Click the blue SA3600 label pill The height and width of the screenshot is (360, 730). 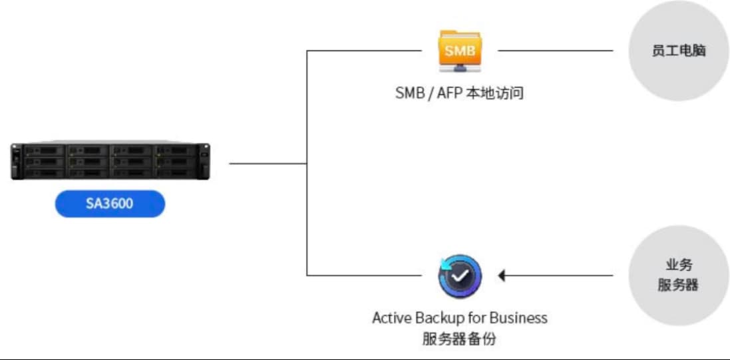click(110, 204)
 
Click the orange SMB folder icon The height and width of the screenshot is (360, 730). click(460, 51)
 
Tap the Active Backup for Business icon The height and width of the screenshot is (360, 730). click(460, 275)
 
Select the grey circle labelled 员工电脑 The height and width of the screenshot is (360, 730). click(678, 51)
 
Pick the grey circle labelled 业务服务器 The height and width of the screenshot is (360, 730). click(678, 275)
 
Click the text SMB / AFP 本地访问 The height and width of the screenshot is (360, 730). click(460, 93)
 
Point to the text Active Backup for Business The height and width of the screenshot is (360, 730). click(460, 319)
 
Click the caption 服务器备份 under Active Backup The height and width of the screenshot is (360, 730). click(460, 339)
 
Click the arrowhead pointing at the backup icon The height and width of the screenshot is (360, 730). click(501, 275)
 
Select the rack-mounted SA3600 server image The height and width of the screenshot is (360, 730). click(110, 160)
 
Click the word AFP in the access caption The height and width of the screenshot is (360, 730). click(449, 93)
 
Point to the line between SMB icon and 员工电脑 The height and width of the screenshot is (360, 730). click(556, 51)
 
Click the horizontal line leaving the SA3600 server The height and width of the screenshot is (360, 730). click(268, 164)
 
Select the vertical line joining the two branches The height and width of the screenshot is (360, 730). click(307, 163)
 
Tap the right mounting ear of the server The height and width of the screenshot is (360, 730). click(204, 161)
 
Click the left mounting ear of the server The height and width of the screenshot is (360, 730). click(16, 161)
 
